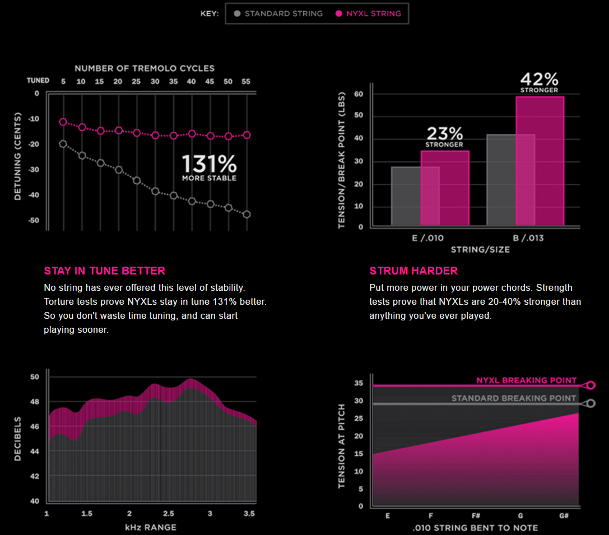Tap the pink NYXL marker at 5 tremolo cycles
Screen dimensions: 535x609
point(63,122)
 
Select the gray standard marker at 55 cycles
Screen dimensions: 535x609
point(247,214)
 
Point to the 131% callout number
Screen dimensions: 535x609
point(209,164)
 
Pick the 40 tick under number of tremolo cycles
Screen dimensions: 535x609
point(192,82)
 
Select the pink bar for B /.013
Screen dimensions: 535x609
point(540,161)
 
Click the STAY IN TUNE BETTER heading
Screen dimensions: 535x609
point(104,271)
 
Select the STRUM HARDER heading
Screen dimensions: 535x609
point(413,271)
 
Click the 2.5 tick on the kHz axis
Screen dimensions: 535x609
point(169,514)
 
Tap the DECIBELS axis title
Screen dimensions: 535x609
point(17,438)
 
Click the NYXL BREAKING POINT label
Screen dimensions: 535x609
point(526,380)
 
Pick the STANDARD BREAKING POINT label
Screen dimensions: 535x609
point(514,398)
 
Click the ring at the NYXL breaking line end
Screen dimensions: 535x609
point(591,385)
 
